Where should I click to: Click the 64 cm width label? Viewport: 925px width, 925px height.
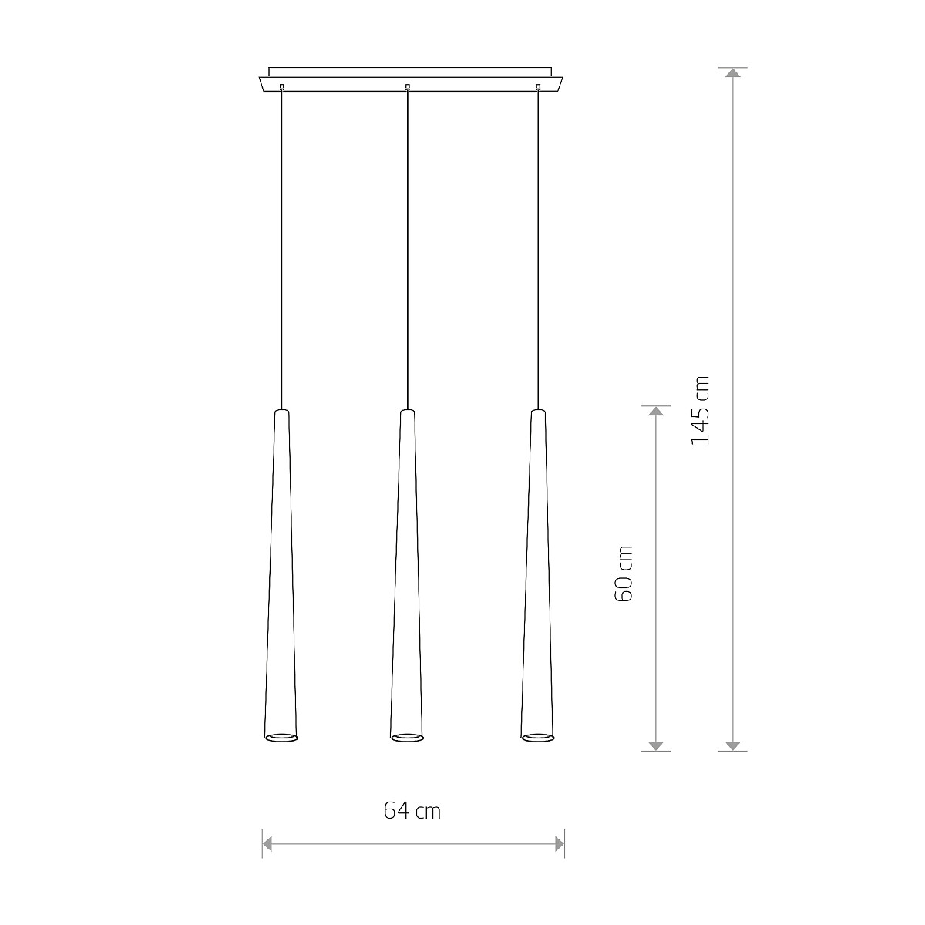412,811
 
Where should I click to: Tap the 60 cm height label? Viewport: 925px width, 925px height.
624,573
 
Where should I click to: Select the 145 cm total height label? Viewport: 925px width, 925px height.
700,410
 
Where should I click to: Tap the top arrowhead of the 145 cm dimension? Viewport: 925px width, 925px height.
732,72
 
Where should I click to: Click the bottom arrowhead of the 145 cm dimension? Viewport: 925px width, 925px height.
732,745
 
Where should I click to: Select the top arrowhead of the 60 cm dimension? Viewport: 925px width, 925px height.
656,411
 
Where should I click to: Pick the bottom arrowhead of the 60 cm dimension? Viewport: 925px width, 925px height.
656,745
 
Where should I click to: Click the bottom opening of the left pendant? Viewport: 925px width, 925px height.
281,738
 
